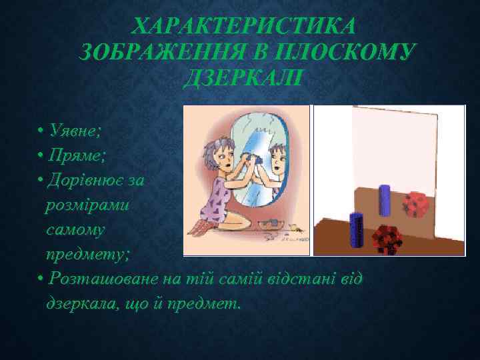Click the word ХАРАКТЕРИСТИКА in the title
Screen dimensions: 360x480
pos(244,27)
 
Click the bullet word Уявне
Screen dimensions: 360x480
pos(73,129)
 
